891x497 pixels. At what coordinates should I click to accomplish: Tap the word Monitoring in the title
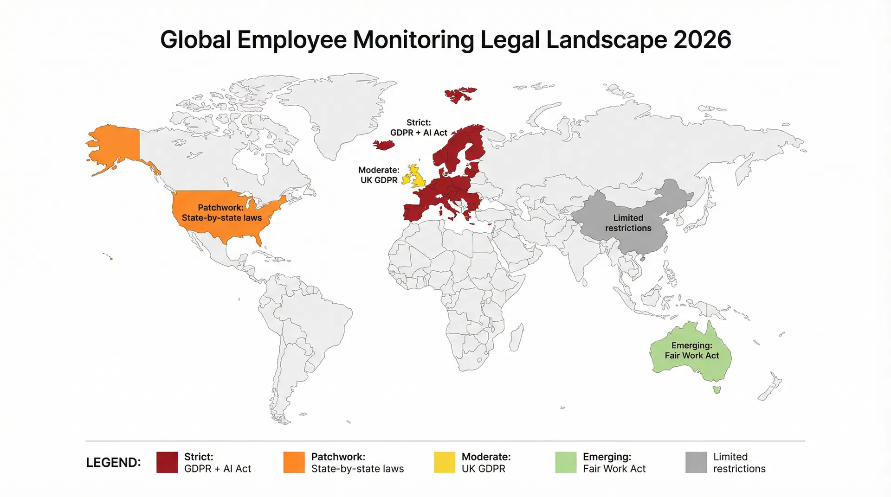coord(413,40)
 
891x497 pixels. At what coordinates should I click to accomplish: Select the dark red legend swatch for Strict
coord(167,462)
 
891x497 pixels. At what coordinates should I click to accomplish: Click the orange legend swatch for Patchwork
coord(294,462)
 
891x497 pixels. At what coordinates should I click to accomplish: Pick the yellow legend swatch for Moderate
coord(444,462)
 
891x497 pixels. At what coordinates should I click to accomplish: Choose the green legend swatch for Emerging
coord(566,462)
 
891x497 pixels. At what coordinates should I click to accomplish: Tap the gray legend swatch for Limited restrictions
coord(696,462)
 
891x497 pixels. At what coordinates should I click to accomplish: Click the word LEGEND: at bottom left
coord(113,463)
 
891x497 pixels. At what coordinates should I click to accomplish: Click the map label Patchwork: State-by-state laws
coord(221,213)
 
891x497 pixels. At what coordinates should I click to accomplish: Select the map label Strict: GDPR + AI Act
coord(419,127)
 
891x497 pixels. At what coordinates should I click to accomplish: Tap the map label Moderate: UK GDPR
coord(379,175)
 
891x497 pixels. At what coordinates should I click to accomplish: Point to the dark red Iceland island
coord(384,145)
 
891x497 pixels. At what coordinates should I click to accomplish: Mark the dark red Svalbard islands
coord(459,95)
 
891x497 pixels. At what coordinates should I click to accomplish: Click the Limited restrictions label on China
coord(628,223)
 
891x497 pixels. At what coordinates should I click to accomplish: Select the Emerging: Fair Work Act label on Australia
coord(691,350)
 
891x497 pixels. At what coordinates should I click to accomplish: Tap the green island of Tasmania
coord(717,390)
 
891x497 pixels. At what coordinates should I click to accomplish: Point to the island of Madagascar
coord(517,337)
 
